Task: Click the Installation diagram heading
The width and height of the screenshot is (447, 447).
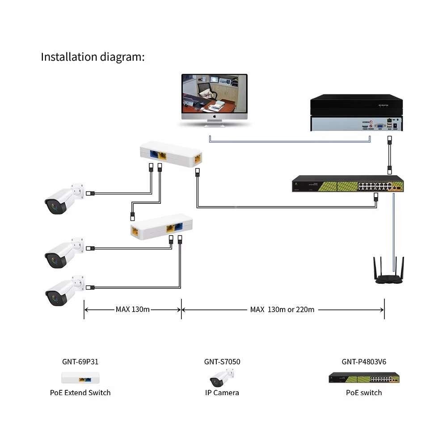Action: pyautogui.click(x=93, y=57)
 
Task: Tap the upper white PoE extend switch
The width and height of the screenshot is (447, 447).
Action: pyautogui.click(x=171, y=154)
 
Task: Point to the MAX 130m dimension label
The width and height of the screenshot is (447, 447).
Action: pyautogui.click(x=132, y=309)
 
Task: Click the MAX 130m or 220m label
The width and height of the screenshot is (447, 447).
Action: pyautogui.click(x=282, y=309)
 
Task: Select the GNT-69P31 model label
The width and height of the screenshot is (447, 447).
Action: pyautogui.click(x=80, y=362)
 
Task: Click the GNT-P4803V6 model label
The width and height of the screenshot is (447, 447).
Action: pyautogui.click(x=364, y=362)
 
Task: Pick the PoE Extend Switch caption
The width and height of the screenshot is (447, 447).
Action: pyautogui.click(x=80, y=393)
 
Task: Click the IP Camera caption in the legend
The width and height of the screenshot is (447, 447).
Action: pyautogui.click(x=222, y=393)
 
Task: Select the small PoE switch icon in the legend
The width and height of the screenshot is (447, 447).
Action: pyautogui.click(x=364, y=378)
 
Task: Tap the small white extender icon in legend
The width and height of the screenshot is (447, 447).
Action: pyautogui.click(x=80, y=378)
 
